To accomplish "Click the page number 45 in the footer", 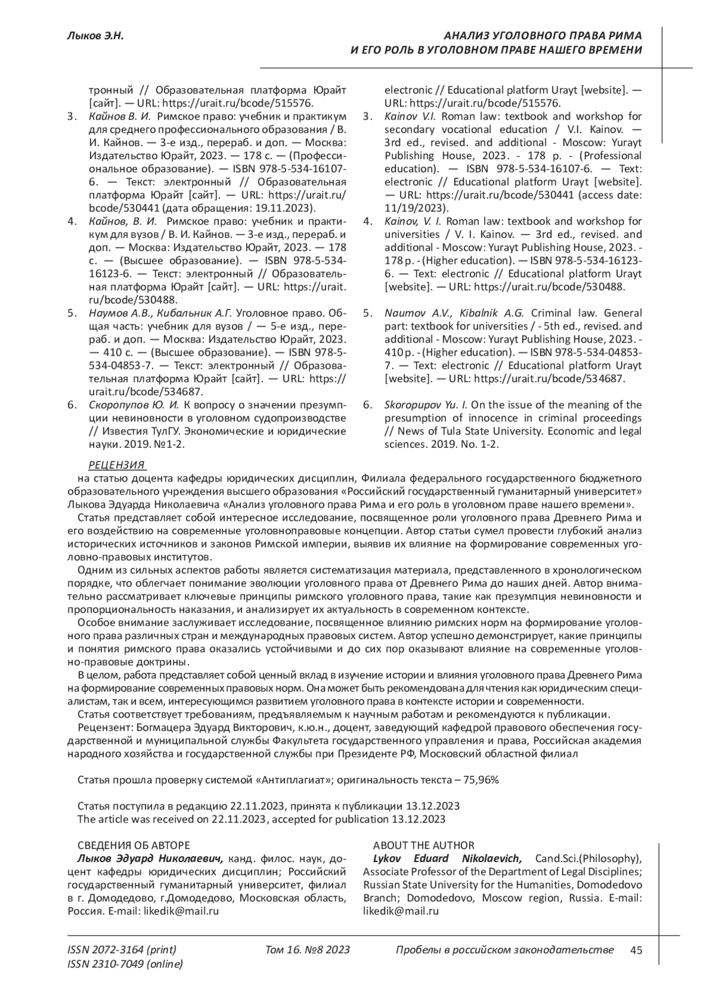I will pyautogui.click(x=637, y=950).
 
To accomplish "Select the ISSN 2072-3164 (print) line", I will pyautogui.click(x=122, y=950).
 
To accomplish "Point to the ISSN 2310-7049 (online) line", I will pyautogui.click(x=125, y=964).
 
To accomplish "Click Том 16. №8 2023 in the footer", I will pyautogui.click(x=308, y=950).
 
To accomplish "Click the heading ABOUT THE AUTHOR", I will pyautogui.click(x=423, y=845).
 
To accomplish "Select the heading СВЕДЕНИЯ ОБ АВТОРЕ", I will pyautogui.click(x=134, y=845).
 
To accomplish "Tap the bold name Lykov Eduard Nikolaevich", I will pyautogui.click(x=447, y=858).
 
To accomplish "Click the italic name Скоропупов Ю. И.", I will pyautogui.click(x=134, y=405).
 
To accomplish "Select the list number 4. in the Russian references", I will pyautogui.click(x=72, y=221).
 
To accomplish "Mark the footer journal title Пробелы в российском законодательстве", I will pyautogui.click(x=504, y=950).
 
